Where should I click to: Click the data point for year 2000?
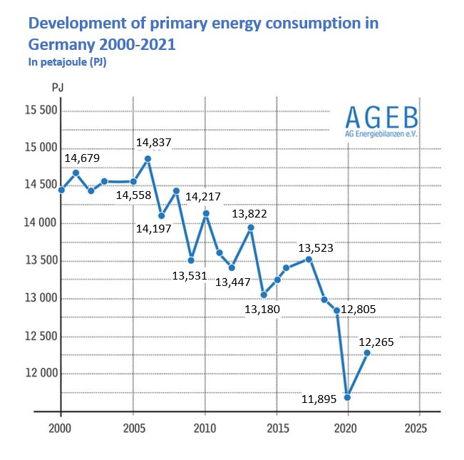[61, 190]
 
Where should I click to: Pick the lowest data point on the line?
[348, 397]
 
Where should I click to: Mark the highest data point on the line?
[148, 158]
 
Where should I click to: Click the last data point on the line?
[367, 352]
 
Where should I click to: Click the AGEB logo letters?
[382, 116]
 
